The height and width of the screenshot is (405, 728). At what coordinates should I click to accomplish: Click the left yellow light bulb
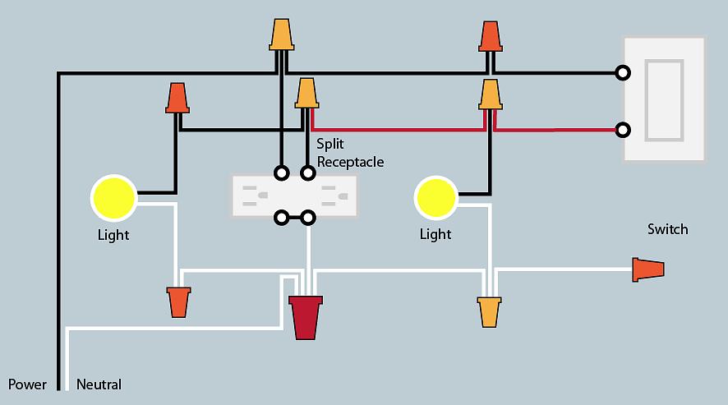[113, 197]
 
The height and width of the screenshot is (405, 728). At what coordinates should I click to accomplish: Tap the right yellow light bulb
[435, 197]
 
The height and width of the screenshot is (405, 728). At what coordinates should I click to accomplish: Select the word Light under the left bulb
[113, 235]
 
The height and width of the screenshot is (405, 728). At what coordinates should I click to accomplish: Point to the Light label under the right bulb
[435, 234]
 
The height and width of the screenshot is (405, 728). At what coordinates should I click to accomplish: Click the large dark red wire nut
[306, 317]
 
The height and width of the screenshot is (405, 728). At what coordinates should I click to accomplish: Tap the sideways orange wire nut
[648, 269]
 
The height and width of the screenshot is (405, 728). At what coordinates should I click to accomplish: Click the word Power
[28, 384]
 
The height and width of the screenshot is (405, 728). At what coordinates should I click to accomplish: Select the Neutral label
[99, 384]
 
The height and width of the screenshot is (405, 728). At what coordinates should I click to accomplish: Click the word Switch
[667, 229]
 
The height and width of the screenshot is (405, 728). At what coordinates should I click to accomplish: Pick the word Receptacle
[350, 162]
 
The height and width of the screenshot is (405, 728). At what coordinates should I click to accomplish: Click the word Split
[329, 144]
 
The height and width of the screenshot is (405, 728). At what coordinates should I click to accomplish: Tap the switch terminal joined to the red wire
[624, 130]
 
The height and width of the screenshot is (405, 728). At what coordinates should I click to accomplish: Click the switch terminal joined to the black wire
[624, 72]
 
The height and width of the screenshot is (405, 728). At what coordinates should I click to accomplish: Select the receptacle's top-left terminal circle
[282, 173]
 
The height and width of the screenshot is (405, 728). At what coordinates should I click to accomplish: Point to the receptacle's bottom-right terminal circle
[308, 218]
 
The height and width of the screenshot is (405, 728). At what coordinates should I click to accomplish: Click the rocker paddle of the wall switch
[663, 99]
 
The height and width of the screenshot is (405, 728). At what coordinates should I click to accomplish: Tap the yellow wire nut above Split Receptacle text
[307, 94]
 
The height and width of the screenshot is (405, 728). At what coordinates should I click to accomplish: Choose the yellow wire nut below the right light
[490, 312]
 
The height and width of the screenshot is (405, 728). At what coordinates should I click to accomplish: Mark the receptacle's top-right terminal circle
[308, 173]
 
